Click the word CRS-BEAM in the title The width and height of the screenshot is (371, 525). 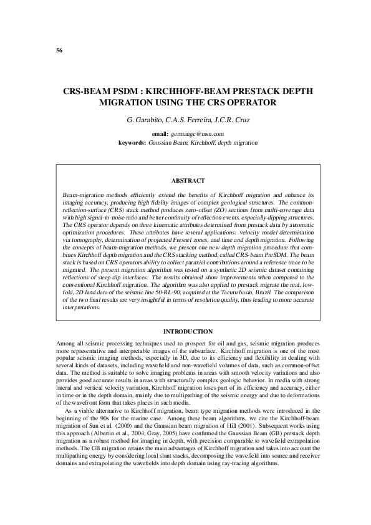pos(87,90)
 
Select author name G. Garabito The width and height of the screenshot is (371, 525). pos(142,119)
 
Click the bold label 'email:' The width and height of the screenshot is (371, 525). pos(160,134)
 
